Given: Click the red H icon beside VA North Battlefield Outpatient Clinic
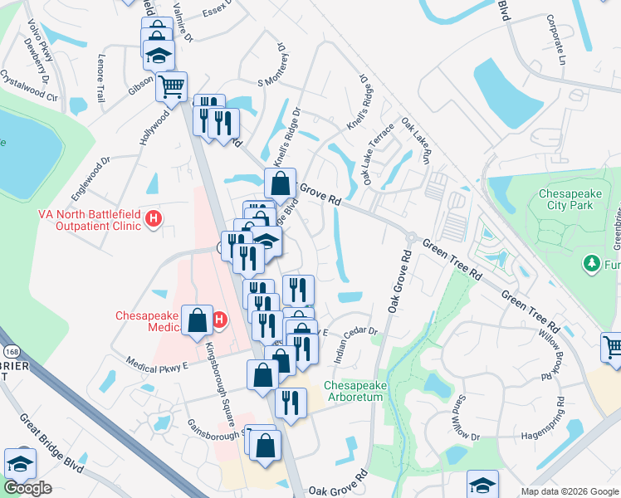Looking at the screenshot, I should (153, 220).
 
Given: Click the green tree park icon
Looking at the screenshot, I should (592, 263).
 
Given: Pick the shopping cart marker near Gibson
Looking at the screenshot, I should (171, 86).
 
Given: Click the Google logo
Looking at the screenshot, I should (27, 488).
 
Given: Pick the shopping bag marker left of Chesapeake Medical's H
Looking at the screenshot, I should (198, 320).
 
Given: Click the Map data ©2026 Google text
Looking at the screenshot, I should (569, 491).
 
